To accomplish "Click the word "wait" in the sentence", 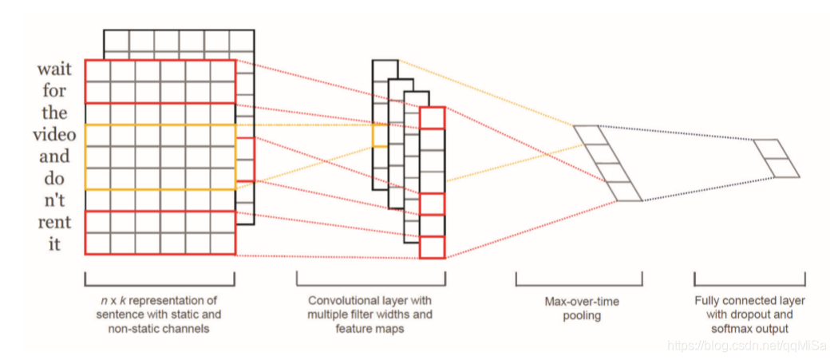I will [x=53, y=70].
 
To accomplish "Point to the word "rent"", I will [x=53, y=221].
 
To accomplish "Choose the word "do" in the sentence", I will [x=54, y=178].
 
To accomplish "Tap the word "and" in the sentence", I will [x=53, y=156].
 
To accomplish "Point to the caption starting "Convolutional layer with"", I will [x=370, y=315].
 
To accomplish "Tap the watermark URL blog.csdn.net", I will [x=745, y=345].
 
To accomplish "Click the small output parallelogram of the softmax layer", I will [x=776, y=158].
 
